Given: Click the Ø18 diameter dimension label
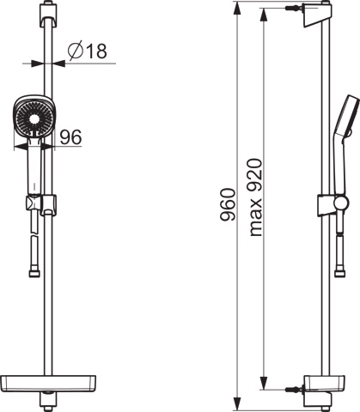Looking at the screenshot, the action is [x=87, y=51].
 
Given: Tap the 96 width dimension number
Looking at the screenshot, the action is [x=70, y=137].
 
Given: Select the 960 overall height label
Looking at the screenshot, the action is [x=228, y=204].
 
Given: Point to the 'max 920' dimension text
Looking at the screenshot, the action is [x=255, y=197].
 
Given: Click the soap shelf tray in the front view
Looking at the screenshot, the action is [x=48, y=384].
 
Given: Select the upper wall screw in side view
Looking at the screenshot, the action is [x=294, y=8].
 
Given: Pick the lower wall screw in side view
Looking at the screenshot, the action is [x=294, y=390].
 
